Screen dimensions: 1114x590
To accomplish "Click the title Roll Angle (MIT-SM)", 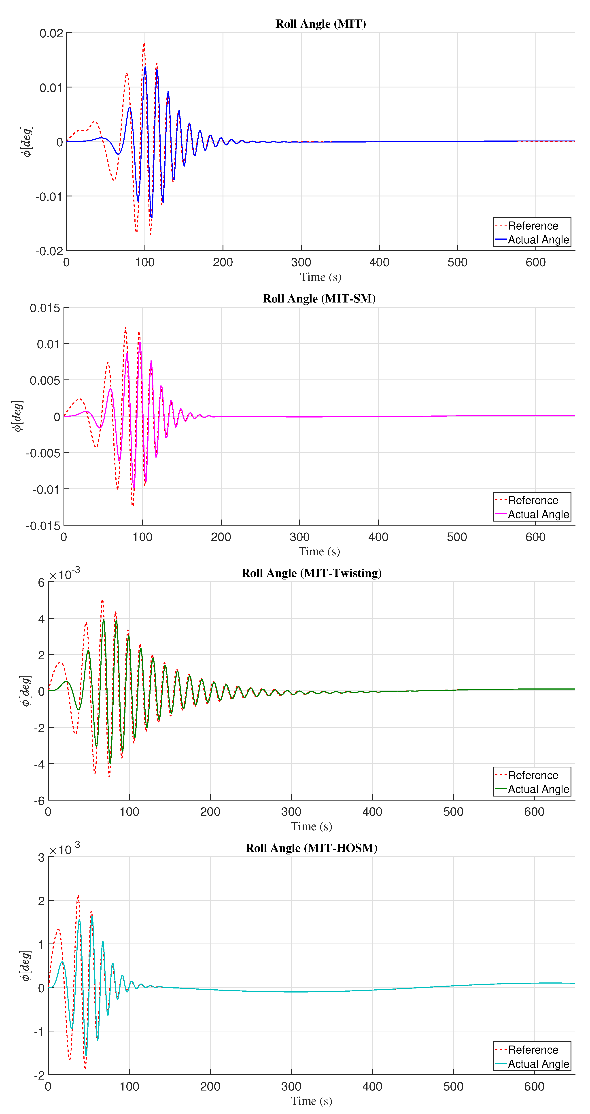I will [319, 298].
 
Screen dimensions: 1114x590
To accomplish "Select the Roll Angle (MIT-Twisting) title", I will [311, 573].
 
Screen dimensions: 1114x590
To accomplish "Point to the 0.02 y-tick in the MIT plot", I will [51, 33].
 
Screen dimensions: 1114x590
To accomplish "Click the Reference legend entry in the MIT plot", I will [533, 226].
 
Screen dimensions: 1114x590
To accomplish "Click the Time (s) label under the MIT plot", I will [320, 277].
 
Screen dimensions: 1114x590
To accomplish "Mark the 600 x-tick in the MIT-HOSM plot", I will [534, 1086].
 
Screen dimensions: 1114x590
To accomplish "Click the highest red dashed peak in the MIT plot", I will [144, 44].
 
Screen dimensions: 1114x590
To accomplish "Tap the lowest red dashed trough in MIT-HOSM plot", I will [85, 1069].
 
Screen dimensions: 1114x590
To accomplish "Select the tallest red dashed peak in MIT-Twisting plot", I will [102, 600].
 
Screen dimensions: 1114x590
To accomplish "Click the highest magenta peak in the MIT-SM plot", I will [140, 343].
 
